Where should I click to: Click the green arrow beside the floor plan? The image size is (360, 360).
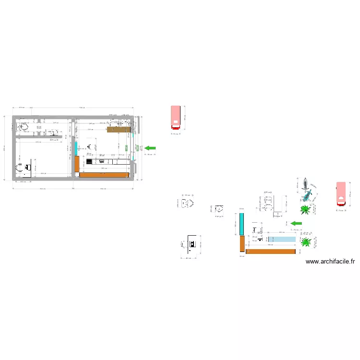[x=151, y=148]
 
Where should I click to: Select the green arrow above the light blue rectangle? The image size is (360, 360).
[x=297, y=223]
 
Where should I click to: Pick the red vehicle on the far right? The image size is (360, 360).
[x=341, y=195]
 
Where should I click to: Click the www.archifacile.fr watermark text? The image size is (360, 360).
[x=330, y=262]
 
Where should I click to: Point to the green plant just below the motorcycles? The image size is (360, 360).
[x=304, y=209]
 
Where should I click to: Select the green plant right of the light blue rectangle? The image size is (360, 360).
[x=305, y=241]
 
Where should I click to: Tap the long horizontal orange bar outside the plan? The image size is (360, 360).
[x=270, y=252]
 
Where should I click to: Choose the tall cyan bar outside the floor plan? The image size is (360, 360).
[x=242, y=223]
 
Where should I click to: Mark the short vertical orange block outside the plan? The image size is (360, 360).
[x=242, y=243]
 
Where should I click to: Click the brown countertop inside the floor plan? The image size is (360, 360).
[x=119, y=130]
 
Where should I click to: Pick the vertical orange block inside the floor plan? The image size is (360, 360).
[x=77, y=164]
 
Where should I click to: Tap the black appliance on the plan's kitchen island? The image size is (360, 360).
[x=89, y=162]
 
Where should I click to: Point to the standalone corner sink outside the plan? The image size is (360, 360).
[x=219, y=209]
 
